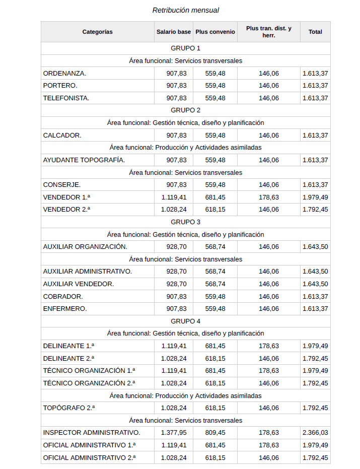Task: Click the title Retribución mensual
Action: [x=185, y=10]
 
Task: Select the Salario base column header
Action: [x=174, y=32]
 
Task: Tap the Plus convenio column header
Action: [x=215, y=32]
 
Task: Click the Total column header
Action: [x=315, y=32]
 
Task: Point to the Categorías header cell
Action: [x=98, y=32]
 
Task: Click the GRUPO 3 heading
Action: [x=185, y=222]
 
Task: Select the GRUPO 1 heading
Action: [x=185, y=48]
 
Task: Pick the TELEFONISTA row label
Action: [x=66, y=98]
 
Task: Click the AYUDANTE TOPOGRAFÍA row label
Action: [x=84, y=160]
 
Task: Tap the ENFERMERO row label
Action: [x=65, y=309]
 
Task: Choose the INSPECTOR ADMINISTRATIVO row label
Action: [x=92, y=433]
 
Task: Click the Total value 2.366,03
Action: [x=315, y=433]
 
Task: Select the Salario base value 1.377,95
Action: [x=174, y=433]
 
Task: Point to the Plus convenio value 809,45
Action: [x=215, y=433]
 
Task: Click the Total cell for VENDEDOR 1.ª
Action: [x=315, y=197]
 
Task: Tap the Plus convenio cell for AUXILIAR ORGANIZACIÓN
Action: [x=215, y=247]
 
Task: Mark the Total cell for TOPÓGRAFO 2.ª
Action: [x=315, y=408]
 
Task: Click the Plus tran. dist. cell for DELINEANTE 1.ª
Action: [x=268, y=346]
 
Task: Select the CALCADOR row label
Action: [x=62, y=136]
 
